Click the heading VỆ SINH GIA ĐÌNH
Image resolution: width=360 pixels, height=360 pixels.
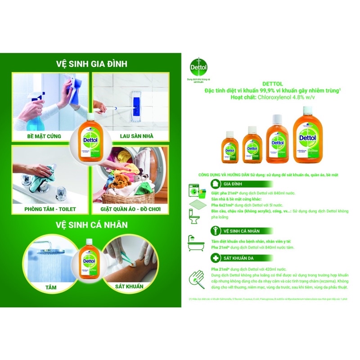91,64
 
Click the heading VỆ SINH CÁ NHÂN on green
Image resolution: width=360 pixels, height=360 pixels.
91,224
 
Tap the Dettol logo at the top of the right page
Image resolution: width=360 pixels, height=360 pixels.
200,69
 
